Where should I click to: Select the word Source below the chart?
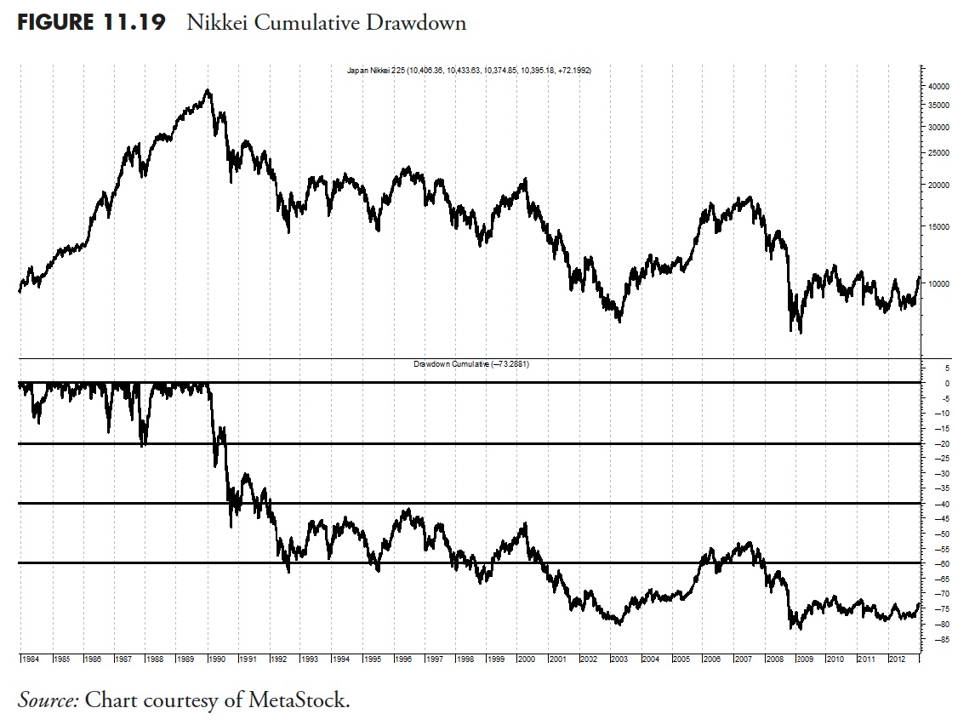48,700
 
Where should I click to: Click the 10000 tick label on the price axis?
938,283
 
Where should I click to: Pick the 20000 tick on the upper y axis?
938,185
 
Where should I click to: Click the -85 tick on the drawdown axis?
938,639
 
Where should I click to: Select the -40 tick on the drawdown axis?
938,504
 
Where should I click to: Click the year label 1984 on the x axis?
30,659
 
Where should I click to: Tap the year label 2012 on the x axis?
896,659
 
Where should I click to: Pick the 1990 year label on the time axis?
215,659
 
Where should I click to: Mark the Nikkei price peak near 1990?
208,90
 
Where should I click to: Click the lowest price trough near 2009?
801,331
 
